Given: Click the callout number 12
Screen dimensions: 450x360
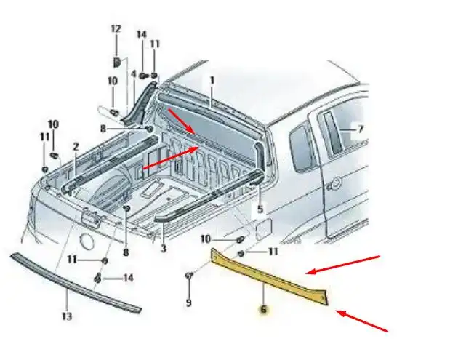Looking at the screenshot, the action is tap(116, 29).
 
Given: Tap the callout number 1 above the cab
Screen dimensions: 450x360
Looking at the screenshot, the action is tap(212, 81).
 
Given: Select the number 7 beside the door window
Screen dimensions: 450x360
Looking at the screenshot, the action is tap(361, 129).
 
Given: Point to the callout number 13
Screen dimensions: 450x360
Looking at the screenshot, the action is tap(67, 316).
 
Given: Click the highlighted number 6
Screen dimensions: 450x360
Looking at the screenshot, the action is tap(263, 310).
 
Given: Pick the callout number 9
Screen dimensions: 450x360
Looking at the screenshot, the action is tap(188, 303).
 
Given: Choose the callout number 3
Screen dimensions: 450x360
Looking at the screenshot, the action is tap(164, 248).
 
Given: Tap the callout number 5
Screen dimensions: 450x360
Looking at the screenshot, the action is tap(260, 209).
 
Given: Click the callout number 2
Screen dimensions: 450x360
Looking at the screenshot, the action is tap(76, 147).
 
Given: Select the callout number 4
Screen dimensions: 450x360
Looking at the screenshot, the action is tap(134, 73).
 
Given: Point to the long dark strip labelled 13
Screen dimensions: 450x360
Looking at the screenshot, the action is tap(75, 283).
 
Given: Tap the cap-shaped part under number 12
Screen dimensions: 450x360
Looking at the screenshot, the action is tap(117, 63).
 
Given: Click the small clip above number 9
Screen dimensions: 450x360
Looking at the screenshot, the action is tap(189, 276).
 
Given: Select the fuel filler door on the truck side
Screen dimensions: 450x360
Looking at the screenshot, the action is tap(263, 229).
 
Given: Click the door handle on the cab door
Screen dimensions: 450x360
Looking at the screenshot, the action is tap(334, 184).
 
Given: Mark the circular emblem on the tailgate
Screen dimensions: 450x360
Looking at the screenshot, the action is tap(87, 241).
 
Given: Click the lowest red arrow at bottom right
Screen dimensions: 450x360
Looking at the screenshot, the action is tap(362, 321).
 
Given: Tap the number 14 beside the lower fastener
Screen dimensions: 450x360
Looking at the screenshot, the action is tap(128, 278).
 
